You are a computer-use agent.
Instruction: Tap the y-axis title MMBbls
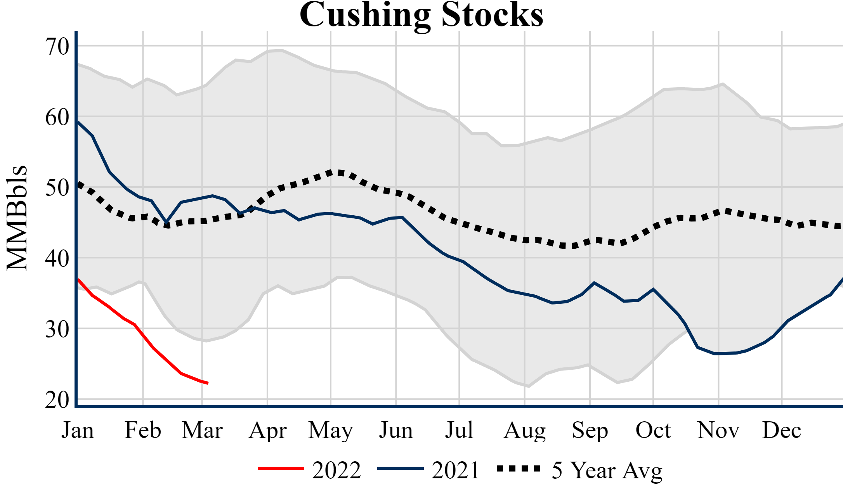point(17,218)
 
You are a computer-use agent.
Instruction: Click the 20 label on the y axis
point(57,400)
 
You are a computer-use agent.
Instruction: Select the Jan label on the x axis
point(78,430)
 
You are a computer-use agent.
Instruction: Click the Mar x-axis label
point(202,430)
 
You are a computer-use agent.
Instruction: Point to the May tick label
point(331,430)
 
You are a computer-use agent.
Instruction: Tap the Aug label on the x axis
point(525,430)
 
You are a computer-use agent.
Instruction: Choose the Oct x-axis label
point(653,430)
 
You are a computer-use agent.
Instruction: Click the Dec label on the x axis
point(782,430)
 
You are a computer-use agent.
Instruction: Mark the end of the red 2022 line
point(208,383)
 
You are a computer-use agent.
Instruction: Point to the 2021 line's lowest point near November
point(715,354)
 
